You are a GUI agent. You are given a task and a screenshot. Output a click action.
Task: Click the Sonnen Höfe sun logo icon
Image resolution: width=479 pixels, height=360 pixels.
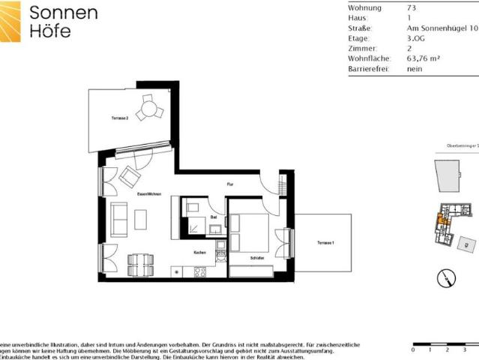pyautogui.click(x=10, y=22)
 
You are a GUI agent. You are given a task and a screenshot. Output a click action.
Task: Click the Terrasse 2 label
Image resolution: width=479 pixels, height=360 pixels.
pyautogui.click(x=121, y=118)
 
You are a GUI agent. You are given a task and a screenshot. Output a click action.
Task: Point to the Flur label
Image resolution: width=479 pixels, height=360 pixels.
pyautogui.click(x=232, y=184)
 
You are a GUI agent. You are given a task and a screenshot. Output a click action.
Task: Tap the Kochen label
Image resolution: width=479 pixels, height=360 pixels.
pyautogui.click(x=199, y=252)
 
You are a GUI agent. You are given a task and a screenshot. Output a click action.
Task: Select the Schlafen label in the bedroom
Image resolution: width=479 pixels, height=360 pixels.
pyautogui.click(x=256, y=258)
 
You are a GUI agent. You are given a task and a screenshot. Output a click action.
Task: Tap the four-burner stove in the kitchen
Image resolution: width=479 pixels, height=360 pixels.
pyautogui.click(x=200, y=271)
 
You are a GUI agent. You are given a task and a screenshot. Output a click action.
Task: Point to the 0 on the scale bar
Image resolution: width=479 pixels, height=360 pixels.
pyautogui.click(x=414, y=350)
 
